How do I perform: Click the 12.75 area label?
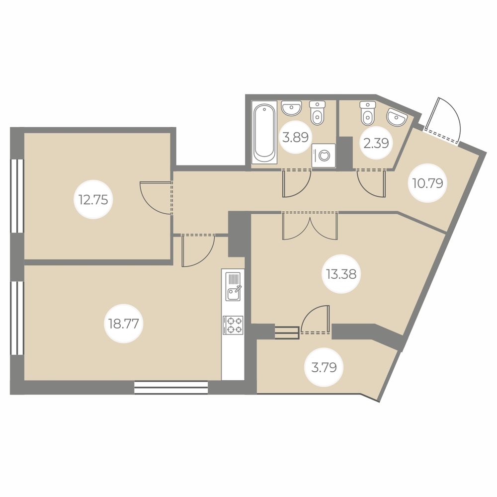(93, 200)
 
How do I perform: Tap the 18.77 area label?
(124, 324)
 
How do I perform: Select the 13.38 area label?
(341, 274)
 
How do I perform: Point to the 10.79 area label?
(427, 183)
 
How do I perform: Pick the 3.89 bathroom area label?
(295, 138)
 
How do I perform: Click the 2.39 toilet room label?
(376, 144)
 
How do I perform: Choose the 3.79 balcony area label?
(324, 367)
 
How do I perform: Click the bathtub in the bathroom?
(264, 133)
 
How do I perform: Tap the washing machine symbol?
(324, 155)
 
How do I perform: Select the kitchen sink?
(233, 286)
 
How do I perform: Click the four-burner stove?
(233, 325)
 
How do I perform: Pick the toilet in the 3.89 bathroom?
(317, 113)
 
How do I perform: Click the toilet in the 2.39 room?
(367, 113)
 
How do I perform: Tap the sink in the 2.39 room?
(397, 118)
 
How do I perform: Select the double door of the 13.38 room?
(310, 226)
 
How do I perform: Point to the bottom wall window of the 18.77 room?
(171, 388)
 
